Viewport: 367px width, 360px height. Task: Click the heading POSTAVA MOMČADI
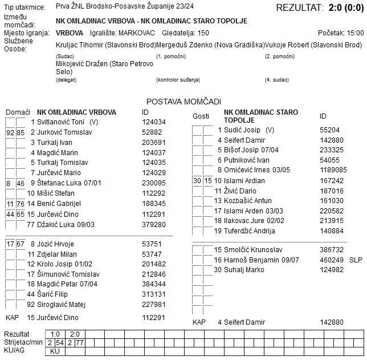click(183, 101)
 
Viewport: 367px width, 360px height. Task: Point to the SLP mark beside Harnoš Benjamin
click(355, 260)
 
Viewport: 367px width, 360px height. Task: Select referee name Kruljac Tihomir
click(85, 45)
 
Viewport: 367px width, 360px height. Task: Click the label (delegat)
click(66, 80)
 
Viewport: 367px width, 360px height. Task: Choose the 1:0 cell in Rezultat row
click(55, 334)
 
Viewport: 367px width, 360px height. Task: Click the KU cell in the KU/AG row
click(55, 351)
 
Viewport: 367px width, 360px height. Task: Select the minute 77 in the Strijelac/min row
click(80, 342)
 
